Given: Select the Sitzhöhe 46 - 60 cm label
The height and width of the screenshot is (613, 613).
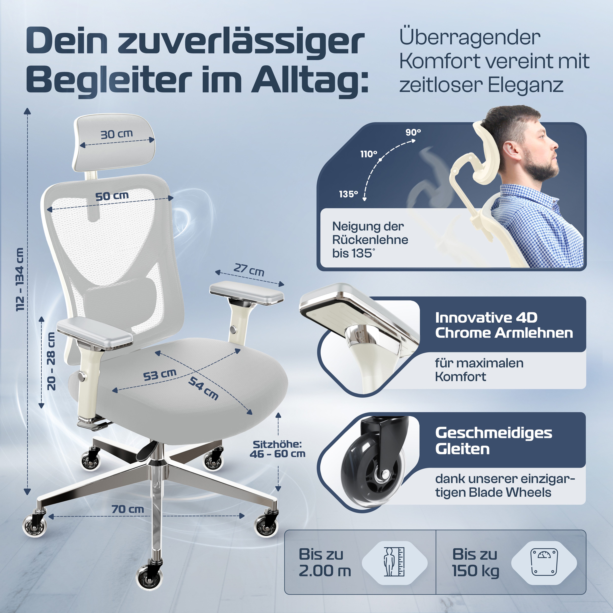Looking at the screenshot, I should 277,449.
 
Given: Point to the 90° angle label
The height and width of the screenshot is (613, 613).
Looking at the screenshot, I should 413,132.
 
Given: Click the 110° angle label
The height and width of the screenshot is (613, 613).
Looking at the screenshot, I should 369,154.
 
